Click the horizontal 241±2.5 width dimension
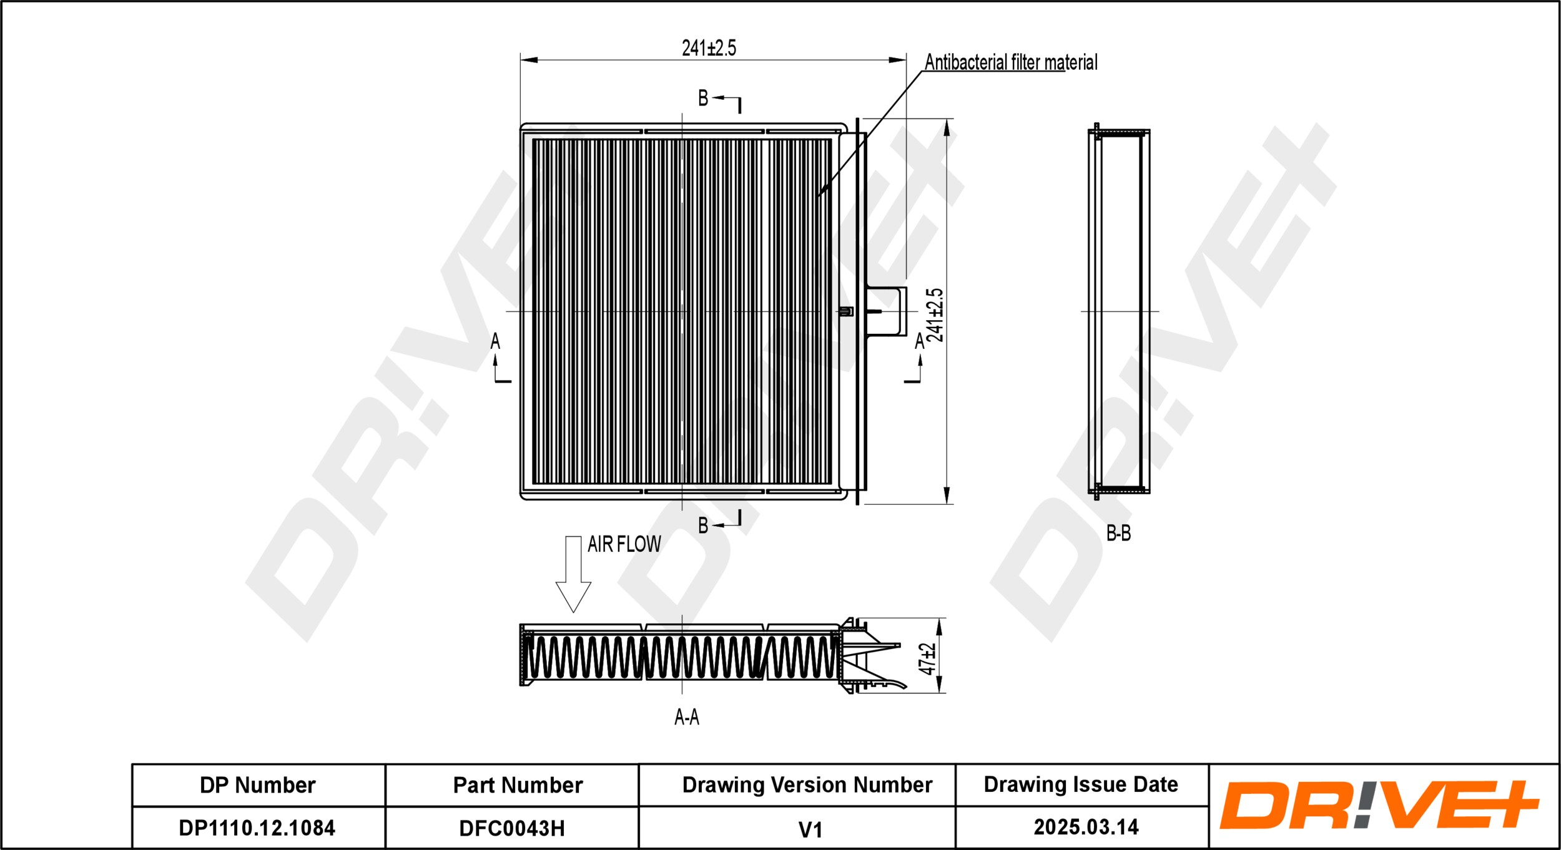pos(709,48)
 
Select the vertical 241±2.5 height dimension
pos(935,315)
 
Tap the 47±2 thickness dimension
pos(928,658)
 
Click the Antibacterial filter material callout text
pos(1011,62)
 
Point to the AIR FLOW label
pos(624,544)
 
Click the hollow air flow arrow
pos(573,574)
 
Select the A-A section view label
pos(687,718)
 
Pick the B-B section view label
pos(1118,533)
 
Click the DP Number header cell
pos(258,785)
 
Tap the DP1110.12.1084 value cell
pos(257,828)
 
